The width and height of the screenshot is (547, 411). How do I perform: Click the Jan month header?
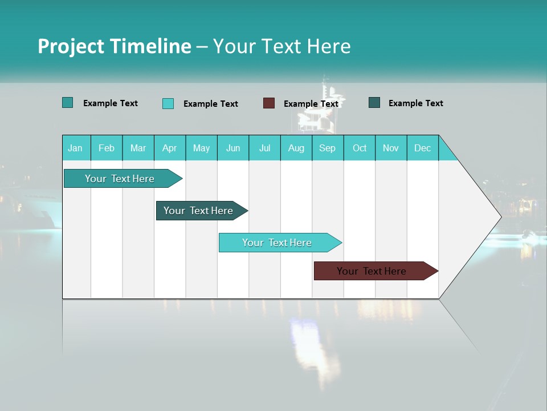pos(75,148)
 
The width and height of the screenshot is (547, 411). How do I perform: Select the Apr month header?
pos(170,148)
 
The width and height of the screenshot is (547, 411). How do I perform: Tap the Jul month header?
pos(264,148)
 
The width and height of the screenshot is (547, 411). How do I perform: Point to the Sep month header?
pos(327,148)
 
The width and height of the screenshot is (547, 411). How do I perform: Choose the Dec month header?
pos(422,148)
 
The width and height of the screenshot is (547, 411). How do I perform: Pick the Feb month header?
pos(107,148)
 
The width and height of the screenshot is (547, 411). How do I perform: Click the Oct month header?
pos(360,148)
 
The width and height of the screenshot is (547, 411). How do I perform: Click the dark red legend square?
pos(269,103)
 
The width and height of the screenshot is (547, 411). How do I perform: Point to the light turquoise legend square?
pos(168,103)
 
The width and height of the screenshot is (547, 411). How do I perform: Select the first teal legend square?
pos(68,103)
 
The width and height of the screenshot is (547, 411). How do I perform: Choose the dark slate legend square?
pos(374,103)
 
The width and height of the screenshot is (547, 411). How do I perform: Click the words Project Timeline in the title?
pos(115,46)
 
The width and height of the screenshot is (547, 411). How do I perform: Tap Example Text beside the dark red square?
pos(311,104)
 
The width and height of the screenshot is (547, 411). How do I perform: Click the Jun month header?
pos(233,148)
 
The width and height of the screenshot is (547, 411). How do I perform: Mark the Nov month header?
pos(391,148)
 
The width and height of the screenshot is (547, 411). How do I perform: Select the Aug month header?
pos(296,148)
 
